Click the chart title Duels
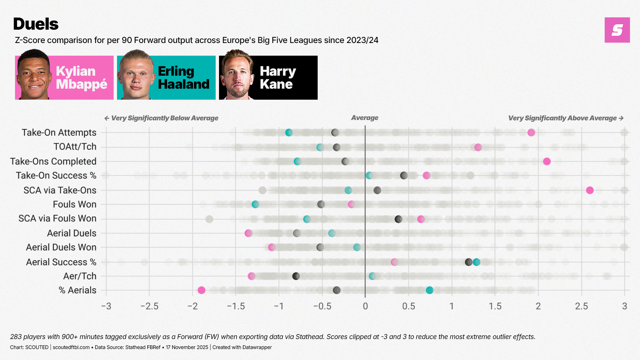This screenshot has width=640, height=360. coord(36,24)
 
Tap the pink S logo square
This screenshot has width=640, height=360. coord(617,30)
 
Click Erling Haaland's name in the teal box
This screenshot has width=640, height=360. coord(183,78)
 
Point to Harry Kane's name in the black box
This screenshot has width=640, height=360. coord(278,78)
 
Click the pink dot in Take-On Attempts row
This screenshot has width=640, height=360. coord(531,133)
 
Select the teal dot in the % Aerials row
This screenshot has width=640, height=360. coord(430,290)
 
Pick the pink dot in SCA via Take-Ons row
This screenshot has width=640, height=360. coord(590,190)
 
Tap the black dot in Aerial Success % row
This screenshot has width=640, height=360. coord(469,262)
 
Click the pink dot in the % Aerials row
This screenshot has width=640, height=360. coord(201,290)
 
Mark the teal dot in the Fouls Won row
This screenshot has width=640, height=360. coord(255,204)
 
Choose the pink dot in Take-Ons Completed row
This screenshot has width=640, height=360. coord(547,162)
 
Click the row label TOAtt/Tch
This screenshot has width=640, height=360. coord(75,147)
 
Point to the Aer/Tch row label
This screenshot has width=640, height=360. coord(80,276)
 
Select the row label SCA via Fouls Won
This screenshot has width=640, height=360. coord(57,219)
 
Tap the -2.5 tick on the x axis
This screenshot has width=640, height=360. coord(149,306)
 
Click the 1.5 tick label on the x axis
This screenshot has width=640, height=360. coord(495,306)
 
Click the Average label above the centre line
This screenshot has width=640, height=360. coord(365,118)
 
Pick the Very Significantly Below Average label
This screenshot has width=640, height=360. coord(165,118)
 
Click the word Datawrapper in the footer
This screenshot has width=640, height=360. coord(257,347)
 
